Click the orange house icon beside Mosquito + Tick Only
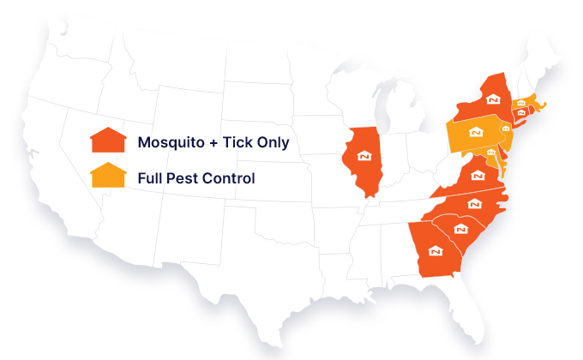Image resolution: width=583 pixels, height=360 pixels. pos(108,141)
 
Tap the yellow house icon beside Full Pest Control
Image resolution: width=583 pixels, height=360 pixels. pos(108,176)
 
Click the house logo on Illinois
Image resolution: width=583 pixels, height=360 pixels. pos(364,157)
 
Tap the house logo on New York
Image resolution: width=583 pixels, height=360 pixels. pos(492,99)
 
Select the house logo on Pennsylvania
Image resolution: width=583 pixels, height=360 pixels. pos(476,133)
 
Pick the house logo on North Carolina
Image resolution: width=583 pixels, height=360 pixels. pos(474,203)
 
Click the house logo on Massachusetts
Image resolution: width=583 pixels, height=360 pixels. pos(522,104)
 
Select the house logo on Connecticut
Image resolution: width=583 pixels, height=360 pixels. pos(520,113)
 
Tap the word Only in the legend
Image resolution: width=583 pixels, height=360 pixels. pos(273,142)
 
